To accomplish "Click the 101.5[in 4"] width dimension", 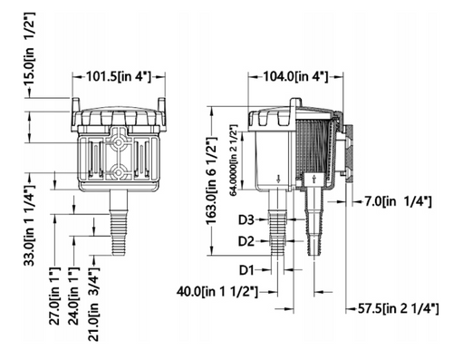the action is tap(119, 76).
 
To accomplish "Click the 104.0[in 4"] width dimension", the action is tap(295, 76).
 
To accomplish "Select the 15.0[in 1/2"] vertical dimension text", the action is tap(30, 50).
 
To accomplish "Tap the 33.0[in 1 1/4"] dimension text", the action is tap(30, 225).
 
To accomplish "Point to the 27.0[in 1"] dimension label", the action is tap(55, 296).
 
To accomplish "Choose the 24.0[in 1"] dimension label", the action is tap(74, 296).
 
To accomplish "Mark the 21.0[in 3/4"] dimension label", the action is tap(93, 304).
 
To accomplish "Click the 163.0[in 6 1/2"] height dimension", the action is tap(211, 180).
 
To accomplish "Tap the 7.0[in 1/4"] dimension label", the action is tap(398, 201).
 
